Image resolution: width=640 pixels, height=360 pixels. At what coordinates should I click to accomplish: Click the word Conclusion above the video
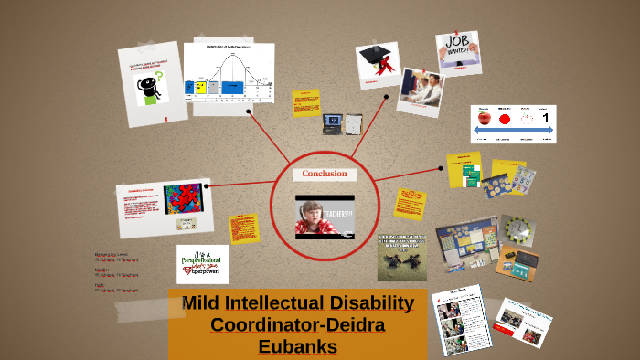[x=324, y=174]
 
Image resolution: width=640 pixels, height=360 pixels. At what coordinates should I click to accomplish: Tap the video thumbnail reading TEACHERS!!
[x=325, y=217]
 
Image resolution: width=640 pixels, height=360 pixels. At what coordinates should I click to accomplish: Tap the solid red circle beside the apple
[x=504, y=120]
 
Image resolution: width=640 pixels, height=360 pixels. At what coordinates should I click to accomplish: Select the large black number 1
[x=546, y=118]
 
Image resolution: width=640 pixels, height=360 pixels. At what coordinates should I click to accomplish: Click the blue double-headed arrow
[x=514, y=133]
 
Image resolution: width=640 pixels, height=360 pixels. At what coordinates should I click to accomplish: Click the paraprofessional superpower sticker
[x=202, y=263]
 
